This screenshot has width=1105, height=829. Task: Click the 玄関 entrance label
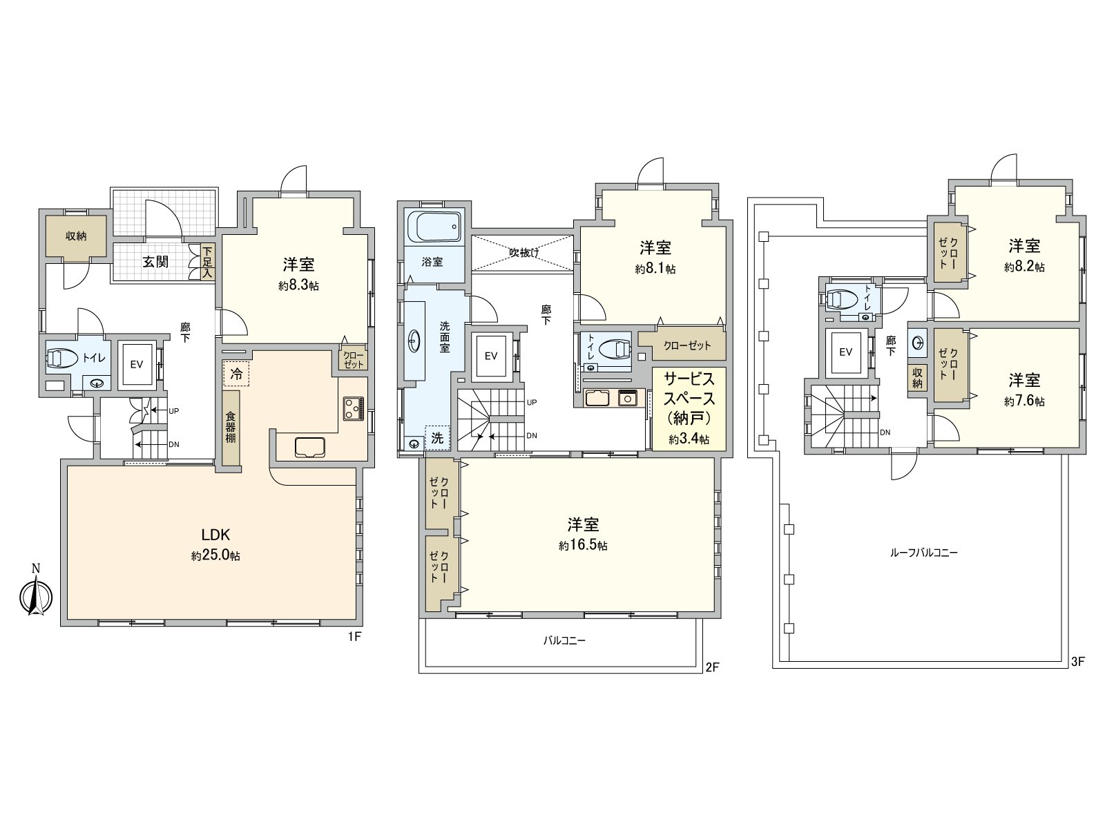156,262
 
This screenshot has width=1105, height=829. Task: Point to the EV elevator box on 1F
137,364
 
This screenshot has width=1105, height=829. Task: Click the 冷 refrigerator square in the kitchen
236,374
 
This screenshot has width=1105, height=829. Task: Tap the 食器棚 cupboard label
231,428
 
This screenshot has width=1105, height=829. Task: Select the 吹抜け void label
523,253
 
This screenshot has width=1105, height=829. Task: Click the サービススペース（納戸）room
689,408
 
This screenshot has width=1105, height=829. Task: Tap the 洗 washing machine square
437,437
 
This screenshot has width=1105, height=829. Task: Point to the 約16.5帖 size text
584,546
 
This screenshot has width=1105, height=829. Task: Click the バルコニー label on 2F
564,640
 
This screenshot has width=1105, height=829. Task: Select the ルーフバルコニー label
925,553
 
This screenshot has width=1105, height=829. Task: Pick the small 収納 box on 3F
917,378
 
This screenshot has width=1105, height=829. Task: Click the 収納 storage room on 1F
76,236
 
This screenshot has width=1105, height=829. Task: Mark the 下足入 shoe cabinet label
207,262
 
